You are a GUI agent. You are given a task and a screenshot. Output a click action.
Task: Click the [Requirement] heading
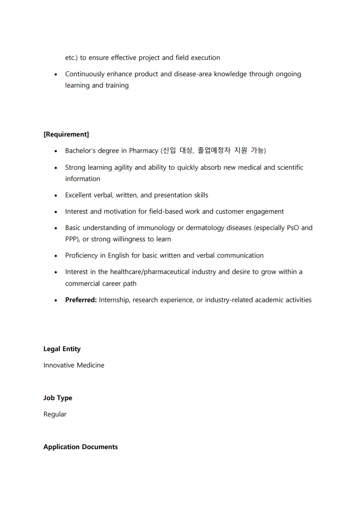[66, 134]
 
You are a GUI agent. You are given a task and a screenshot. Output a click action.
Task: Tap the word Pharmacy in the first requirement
[143, 151]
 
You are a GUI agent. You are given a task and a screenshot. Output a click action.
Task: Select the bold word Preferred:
[81, 300]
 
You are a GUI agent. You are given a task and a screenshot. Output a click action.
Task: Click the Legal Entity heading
[62, 349]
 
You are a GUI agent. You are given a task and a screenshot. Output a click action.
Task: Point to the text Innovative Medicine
[74, 365]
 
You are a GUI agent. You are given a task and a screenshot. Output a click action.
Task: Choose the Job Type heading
[58, 398]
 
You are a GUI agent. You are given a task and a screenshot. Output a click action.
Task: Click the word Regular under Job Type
[55, 414]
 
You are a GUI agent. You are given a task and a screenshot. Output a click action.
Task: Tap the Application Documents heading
[80, 447]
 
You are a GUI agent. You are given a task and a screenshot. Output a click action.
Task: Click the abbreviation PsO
[293, 228]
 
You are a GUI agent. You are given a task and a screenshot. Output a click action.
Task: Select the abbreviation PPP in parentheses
[72, 239]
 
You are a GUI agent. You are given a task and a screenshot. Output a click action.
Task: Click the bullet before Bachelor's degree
[55, 151]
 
